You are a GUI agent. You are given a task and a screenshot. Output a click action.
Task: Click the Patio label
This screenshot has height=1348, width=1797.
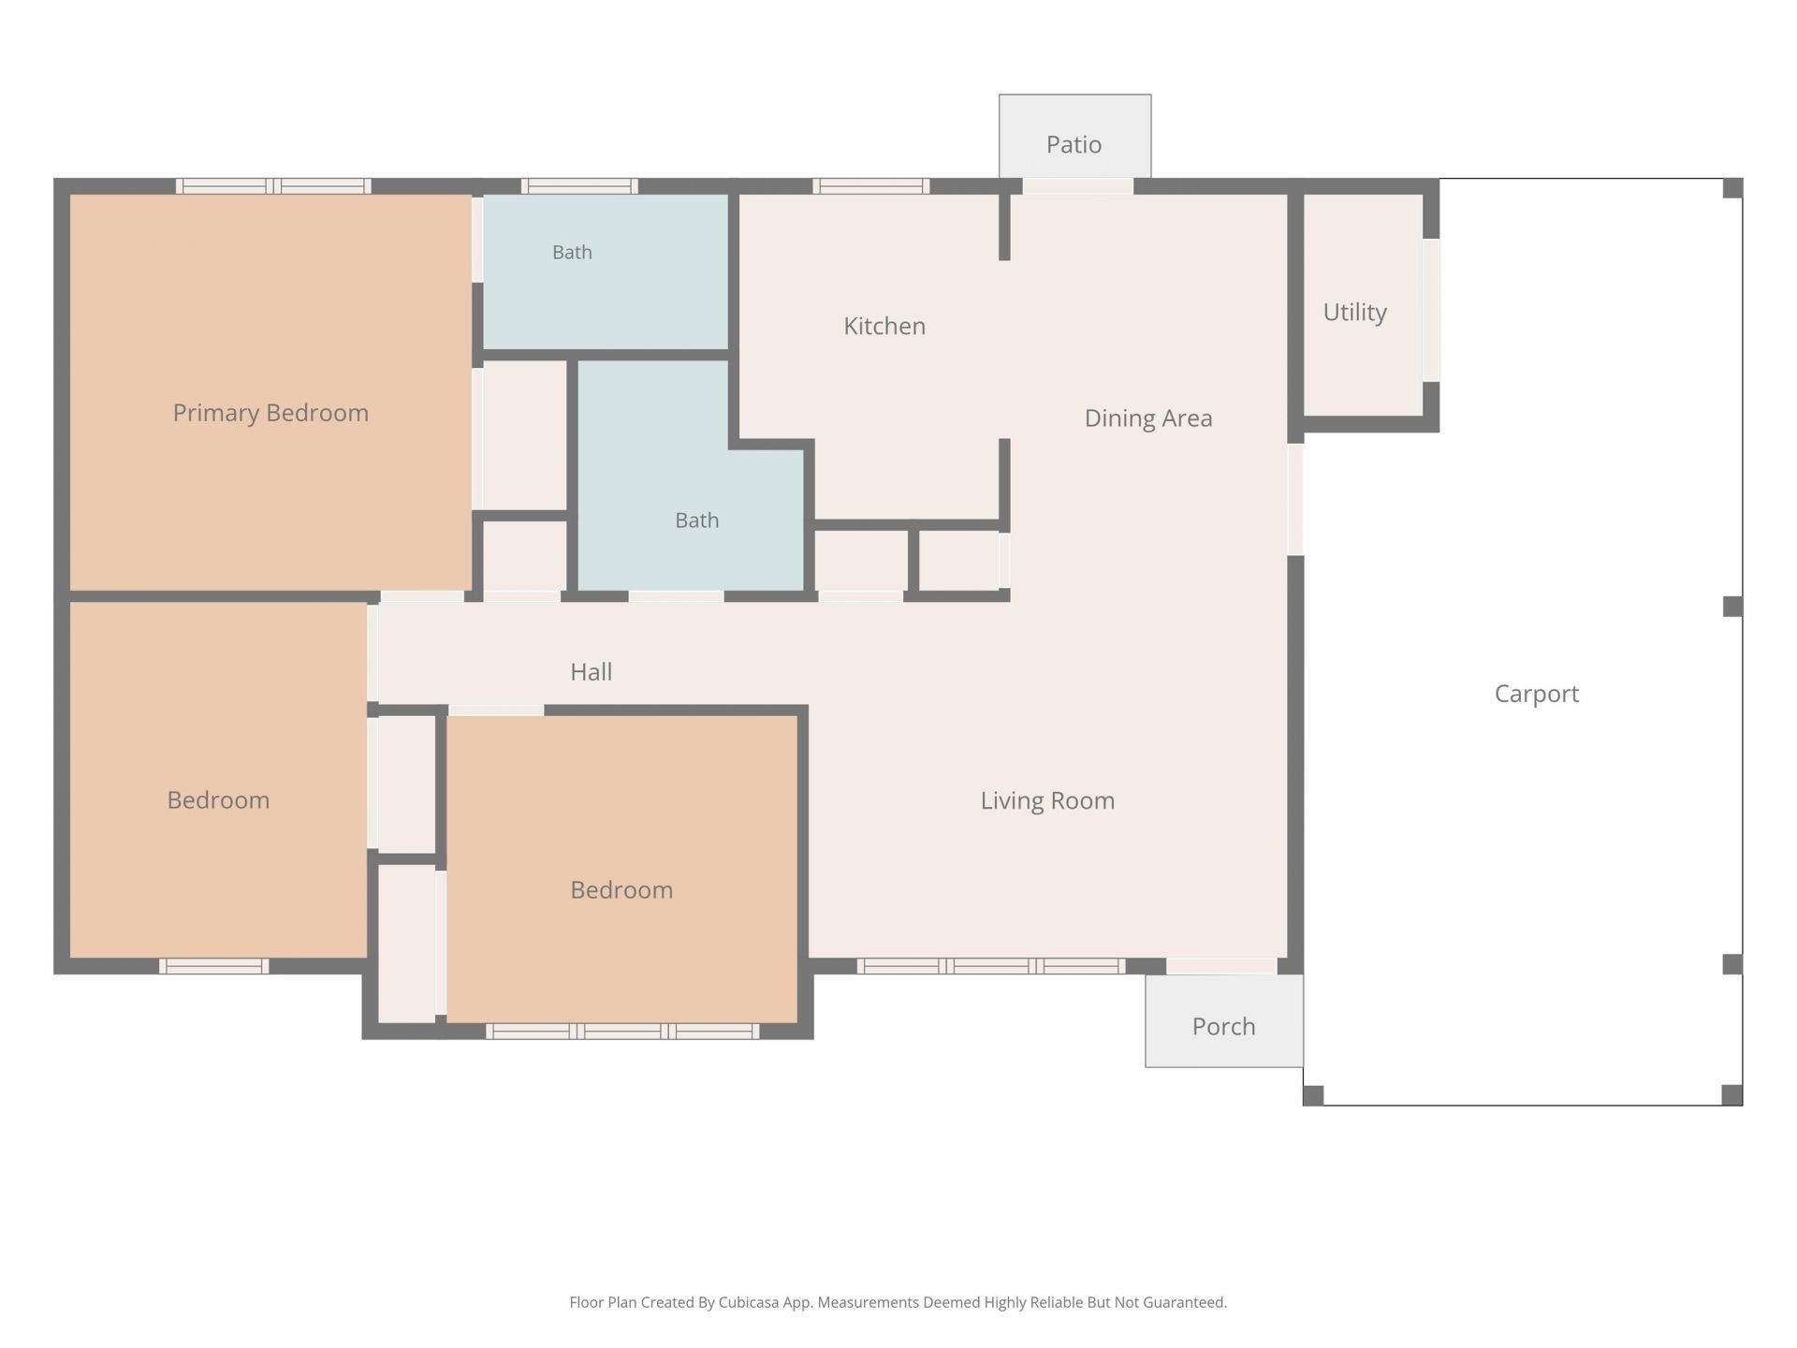click(1074, 144)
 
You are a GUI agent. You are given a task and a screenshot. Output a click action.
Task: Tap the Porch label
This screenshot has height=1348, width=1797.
click(1223, 1026)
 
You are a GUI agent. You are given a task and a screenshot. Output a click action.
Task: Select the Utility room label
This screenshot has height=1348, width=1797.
click(1354, 312)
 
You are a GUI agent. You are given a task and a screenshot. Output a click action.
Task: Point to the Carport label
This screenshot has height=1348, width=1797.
click(1536, 694)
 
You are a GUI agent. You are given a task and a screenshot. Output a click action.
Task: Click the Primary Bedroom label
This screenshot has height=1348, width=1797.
click(270, 413)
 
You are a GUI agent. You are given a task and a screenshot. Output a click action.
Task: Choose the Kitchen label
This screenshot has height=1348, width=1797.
click(884, 326)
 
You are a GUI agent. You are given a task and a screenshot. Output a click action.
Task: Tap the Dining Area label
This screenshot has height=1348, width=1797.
click(1148, 418)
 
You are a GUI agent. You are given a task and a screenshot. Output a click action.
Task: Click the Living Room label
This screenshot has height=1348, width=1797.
click(1047, 800)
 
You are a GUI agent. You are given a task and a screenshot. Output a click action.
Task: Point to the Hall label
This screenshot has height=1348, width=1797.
click(592, 671)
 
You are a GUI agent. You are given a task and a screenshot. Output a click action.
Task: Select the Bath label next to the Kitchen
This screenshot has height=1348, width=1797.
click(697, 520)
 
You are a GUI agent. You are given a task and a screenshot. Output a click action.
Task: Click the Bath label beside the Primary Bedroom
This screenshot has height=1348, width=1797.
click(572, 252)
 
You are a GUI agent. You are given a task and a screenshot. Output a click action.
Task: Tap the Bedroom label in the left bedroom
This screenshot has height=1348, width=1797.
click(218, 799)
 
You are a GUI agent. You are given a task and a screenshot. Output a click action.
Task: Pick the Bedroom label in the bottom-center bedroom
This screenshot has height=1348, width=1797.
click(621, 889)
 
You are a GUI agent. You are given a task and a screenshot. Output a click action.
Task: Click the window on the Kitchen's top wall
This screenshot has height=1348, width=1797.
click(871, 186)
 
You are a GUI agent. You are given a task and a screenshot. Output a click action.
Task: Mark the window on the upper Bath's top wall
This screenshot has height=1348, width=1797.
click(579, 186)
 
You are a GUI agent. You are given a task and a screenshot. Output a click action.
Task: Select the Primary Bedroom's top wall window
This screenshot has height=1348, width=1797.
click(273, 186)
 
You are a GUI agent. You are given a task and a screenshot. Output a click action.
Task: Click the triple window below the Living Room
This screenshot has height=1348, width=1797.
click(992, 966)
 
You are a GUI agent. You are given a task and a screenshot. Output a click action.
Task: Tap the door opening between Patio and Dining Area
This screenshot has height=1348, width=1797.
click(1078, 186)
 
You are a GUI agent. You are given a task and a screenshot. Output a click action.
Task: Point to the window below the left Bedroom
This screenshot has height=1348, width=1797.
click(214, 966)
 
